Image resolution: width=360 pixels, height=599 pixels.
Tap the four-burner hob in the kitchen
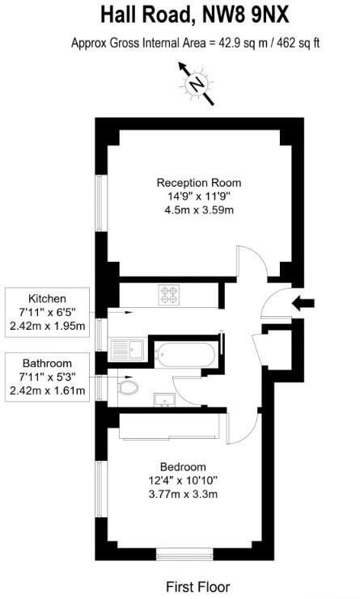(169, 295)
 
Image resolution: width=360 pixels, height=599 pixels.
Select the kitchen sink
(127, 349)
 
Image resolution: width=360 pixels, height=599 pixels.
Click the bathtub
(186, 355)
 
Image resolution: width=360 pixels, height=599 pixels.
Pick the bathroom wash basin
(164, 399)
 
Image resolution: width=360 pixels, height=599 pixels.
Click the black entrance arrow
(303, 304)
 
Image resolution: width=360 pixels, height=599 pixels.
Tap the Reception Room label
(199, 183)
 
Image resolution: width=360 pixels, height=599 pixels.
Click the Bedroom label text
(183, 466)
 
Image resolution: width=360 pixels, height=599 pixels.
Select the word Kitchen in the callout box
(47, 298)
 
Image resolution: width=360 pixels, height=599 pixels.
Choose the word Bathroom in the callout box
(47, 363)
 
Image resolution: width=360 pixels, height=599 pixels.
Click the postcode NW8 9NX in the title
(246, 15)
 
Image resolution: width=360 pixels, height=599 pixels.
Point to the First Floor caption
(198, 587)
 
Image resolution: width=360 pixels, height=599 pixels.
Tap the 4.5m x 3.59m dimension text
(199, 210)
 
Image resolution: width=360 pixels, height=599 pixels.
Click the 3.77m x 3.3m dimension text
(183, 494)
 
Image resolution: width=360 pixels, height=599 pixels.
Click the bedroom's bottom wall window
(184, 555)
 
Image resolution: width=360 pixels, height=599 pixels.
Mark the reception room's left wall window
(101, 203)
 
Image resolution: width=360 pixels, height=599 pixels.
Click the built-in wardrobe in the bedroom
(169, 425)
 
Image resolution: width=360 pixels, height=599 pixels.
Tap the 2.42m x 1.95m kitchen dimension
(47, 327)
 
